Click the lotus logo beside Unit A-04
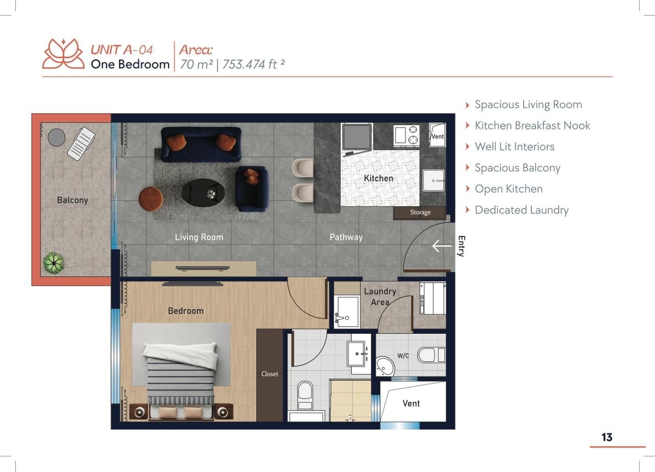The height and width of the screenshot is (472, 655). (x=63, y=54)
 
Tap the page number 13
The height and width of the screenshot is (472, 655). (x=607, y=437)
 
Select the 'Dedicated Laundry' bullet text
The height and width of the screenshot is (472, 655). (x=521, y=210)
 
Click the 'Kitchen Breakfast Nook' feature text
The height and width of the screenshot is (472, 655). (x=533, y=125)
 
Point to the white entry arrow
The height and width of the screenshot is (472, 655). (x=442, y=246)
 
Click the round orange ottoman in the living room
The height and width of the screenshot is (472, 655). (x=151, y=199)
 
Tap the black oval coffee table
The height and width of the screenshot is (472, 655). (x=203, y=192)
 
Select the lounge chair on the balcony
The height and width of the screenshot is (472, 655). (x=81, y=143)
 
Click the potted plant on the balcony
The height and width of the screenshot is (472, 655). (x=54, y=263)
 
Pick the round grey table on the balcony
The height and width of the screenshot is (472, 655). (x=56, y=137)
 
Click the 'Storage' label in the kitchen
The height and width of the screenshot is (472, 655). (x=420, y=212)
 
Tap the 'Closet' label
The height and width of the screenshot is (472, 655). (x=270, y=374)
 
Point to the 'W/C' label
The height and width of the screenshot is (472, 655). (x=403, y=356)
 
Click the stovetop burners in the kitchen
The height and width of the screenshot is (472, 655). (x=406, y=136)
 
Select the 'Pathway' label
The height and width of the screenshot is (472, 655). (x=346, y=237)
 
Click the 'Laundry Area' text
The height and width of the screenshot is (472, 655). (x=380, y=296)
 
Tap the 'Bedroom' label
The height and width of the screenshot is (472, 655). (x=186, y=311)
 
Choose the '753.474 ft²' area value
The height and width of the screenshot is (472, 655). (x=253, y=65)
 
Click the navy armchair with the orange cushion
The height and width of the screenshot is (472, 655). (x=252, y=188)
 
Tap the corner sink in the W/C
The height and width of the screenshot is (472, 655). (x=385, y=366)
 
